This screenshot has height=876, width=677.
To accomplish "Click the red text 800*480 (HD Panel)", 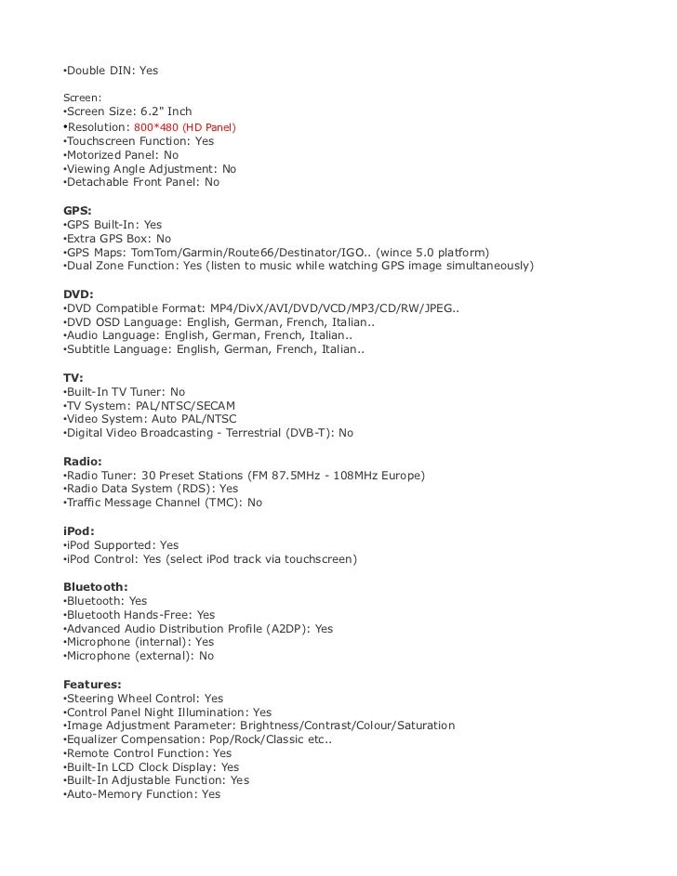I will click(x=185, y=126).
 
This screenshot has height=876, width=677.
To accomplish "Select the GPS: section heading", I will click(x=77, y=211).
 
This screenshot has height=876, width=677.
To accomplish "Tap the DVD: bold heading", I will click(x=78, y=294).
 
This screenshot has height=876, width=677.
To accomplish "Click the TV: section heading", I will click(x=73, y=378).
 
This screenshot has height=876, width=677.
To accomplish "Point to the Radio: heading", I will click(x=82, y=462).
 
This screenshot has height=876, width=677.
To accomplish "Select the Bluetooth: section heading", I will click(x=95, y=587).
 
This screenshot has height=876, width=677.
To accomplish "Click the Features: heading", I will click(x=92, y=685).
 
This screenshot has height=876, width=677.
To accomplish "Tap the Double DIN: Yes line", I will click(x=110, y=71).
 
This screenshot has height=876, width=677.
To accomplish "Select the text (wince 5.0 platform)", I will click(x=436, y=253).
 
